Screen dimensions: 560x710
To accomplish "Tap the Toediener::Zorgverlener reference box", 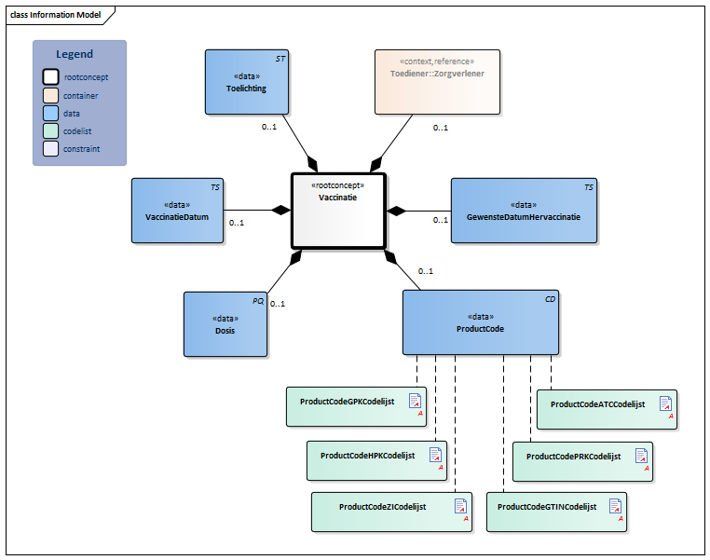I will (x=437, y=82).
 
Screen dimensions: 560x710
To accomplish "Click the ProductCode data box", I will (x=481, y=322).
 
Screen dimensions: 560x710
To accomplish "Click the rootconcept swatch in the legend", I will (x=51, y=77).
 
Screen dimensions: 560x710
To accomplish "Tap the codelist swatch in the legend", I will (x=51, y=130).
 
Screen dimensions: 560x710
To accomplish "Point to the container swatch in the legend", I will (x=51, y=95).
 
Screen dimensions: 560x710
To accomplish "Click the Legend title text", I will (x=75, y=55).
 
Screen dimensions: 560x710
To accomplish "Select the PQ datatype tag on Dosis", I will (x=258, y=300).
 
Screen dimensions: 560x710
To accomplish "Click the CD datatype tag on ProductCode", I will (x=550, y=298).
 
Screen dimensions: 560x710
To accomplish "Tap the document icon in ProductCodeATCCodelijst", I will (x=665, y=403).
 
